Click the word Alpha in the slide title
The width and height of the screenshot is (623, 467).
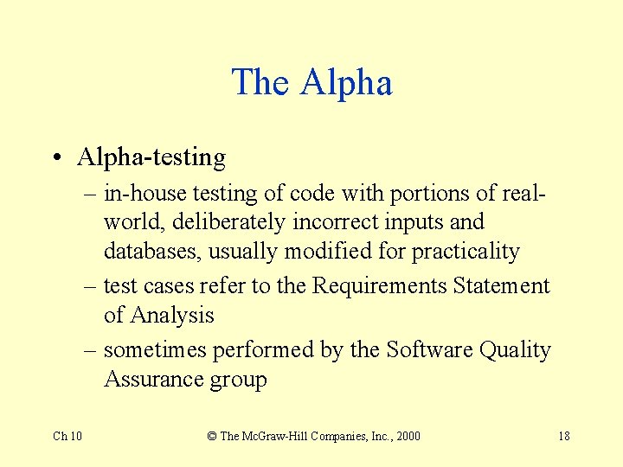coord(346,83)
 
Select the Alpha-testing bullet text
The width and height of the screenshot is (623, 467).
coord(151,157)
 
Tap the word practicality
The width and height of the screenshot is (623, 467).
coord(466,252)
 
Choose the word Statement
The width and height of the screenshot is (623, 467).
coord(499,285)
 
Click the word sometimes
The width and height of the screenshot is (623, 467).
coord(155,349)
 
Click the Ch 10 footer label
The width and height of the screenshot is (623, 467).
coord(67,436)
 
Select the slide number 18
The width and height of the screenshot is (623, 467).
coord(563,436)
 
